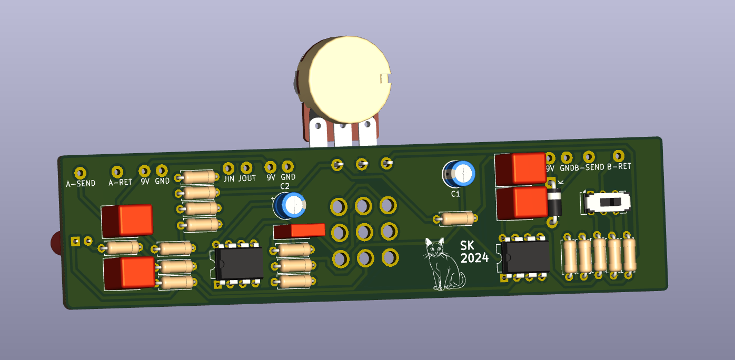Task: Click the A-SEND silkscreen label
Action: click(81, 183)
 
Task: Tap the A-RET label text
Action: click(120, 182)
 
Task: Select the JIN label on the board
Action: click(229, 179)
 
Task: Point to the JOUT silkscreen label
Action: click(247, 178)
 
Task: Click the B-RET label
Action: click(619, 166)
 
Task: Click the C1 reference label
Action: click(456, 194)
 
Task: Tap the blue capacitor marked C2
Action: click(290, 205)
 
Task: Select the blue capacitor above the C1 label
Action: click(459, 174)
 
